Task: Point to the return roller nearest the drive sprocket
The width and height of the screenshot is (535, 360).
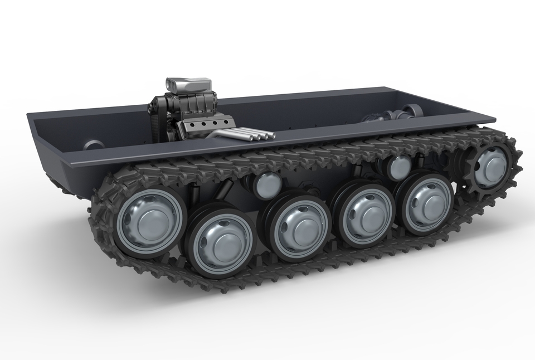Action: coord(398,167)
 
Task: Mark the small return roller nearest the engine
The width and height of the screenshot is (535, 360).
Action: coord(269,184)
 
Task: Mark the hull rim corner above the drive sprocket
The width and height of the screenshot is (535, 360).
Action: coord(490,119)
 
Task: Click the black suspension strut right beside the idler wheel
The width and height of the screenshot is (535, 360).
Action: coord(194,195)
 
